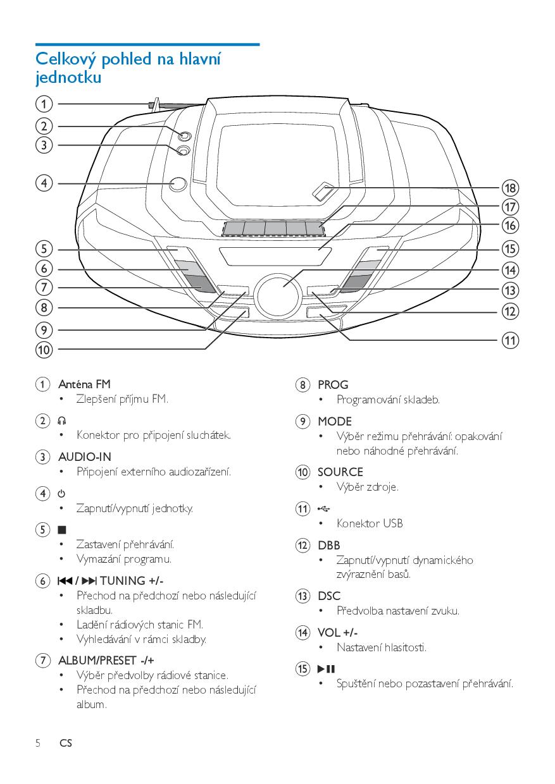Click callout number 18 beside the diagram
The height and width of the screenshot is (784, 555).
pos(510,188)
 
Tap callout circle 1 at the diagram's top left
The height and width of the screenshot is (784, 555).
pos(44,104)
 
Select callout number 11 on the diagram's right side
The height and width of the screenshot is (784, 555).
pos(510,340)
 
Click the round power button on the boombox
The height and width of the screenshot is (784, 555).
pos(178,183)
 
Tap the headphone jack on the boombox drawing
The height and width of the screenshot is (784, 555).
pos(184,135)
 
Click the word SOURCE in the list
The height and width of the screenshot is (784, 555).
pos(340,472)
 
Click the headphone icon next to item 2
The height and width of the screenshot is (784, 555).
pos(62,420)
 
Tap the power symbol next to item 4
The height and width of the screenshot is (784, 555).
pos(62,493)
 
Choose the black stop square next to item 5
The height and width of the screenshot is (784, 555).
pos(62,529)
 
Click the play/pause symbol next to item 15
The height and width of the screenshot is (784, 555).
pos(325,669)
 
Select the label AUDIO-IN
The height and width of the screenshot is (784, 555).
pos(84,456)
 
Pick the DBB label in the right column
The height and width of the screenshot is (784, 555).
pos(329,545)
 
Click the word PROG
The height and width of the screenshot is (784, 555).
pos(333,384)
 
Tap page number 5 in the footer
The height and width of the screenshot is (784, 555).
pos(38,744)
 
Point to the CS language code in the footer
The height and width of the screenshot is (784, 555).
pos(66,744)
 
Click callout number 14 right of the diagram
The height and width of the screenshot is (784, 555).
pos(510,270)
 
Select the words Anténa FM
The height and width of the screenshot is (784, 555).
pos(84,384)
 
